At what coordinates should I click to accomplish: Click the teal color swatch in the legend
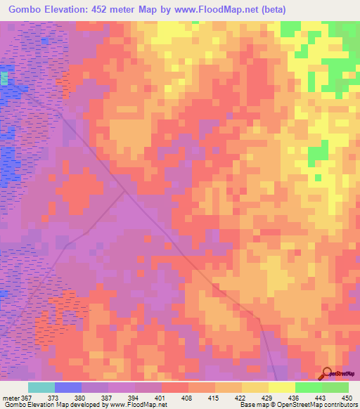pos(41,387)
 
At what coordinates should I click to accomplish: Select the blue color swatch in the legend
pos(68,387)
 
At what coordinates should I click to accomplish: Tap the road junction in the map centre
pos(125,190)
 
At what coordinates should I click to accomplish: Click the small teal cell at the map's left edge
pos(4,78)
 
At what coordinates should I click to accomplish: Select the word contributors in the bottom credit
pos(337,405)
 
